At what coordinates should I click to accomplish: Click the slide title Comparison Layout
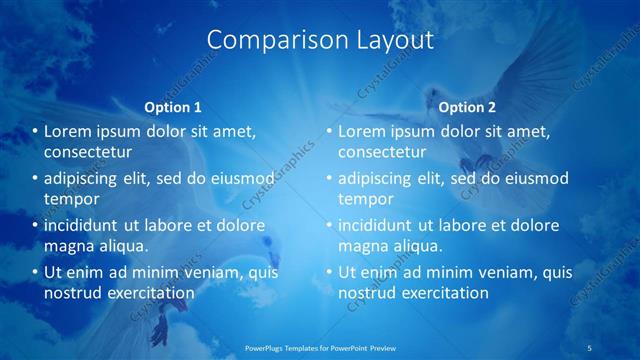coord(320,40)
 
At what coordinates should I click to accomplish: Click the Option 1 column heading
coord(173,106)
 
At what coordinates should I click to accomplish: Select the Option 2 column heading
coord(467,106)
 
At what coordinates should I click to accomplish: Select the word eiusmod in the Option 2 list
coord(533,178)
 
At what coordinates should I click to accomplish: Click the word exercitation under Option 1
coord(144,293)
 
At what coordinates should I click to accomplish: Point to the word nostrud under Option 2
coord(366,293)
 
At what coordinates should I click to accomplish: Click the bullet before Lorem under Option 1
coord(34,131)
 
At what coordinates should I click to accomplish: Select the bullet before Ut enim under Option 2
coord(328,272)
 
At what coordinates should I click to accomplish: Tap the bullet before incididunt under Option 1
coord(34,225)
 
